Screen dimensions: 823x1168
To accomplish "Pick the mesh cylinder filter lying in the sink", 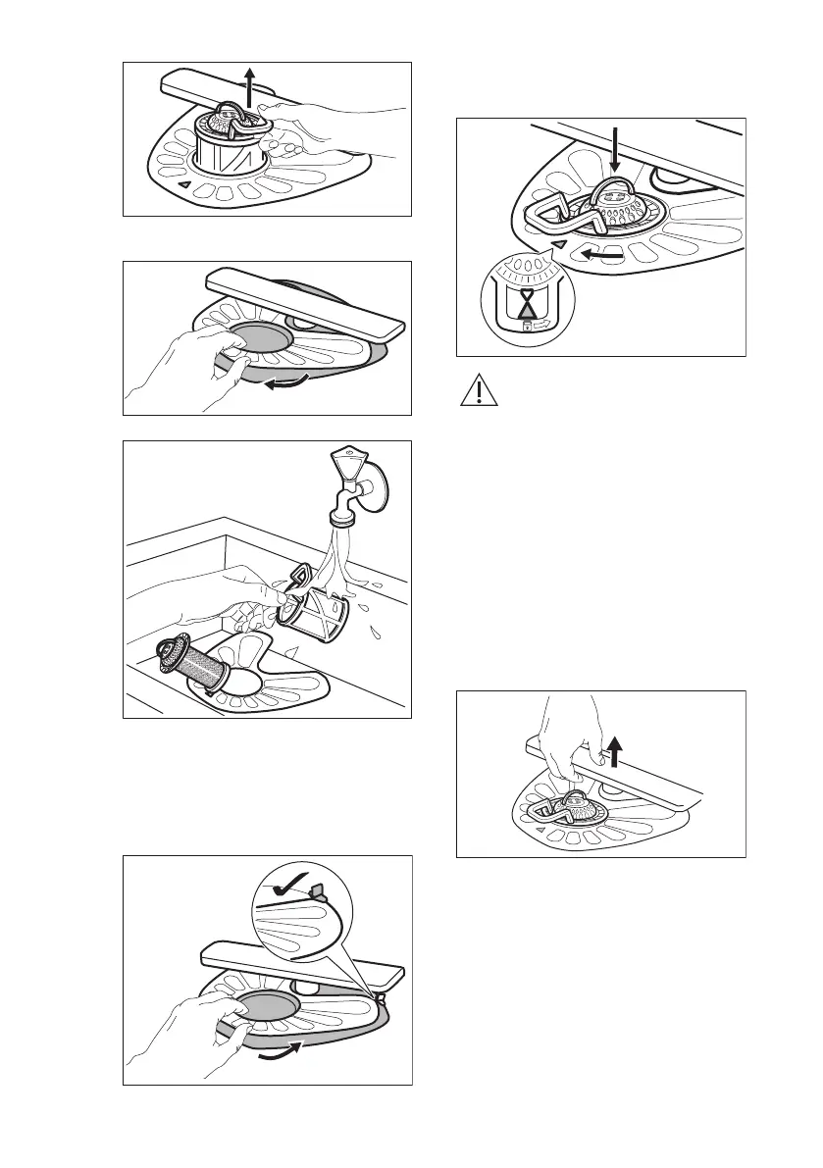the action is click(196, 667).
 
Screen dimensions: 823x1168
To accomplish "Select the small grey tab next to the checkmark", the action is click(317, 890).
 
